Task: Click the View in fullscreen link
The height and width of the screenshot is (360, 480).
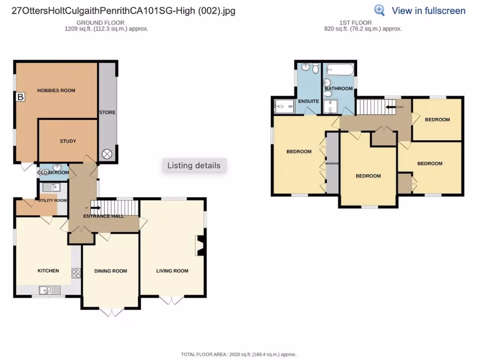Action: pos(428,11)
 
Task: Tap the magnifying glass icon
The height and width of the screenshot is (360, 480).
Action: pos(379,10)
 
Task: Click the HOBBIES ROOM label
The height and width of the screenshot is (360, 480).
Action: pos(56,90)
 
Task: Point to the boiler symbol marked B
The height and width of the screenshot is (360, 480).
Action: pos(20,97)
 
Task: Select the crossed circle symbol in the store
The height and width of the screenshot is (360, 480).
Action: pos(107,153)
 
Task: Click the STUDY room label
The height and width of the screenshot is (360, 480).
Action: pos(68,141)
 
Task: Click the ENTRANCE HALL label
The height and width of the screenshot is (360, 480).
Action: pos(104,216)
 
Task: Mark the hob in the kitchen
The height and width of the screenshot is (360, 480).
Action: pos(76,273)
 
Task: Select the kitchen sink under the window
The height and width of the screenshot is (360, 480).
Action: pos(48,290)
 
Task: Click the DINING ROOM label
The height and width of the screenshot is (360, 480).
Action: pos(111,271)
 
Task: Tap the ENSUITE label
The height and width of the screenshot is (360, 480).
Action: pos(308,101)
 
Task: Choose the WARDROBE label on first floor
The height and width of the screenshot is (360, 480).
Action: pos(332,164)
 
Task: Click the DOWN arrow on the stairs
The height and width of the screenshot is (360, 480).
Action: pos(393,107)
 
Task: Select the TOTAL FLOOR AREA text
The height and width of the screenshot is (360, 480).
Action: pos(239,354)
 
